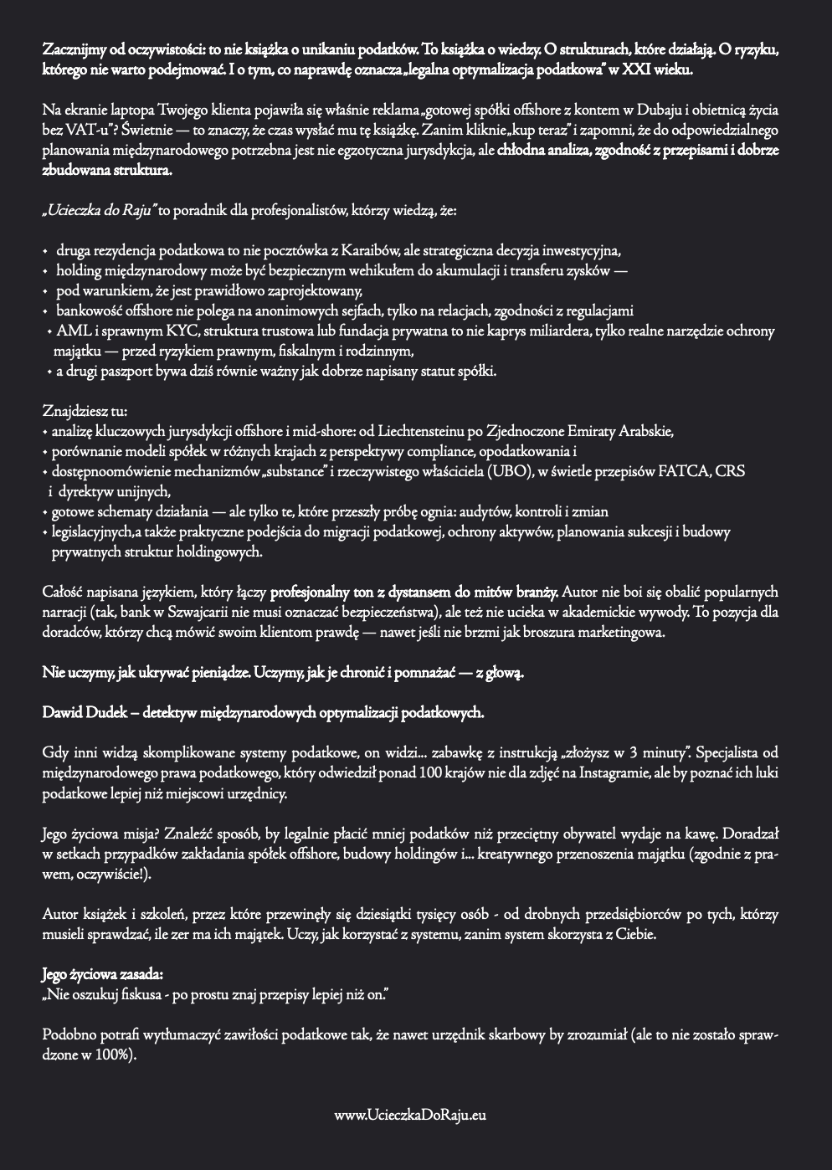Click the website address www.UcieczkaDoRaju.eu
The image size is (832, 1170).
[x=410, y=1115]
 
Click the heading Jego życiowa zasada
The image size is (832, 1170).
[x=91, y=975]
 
